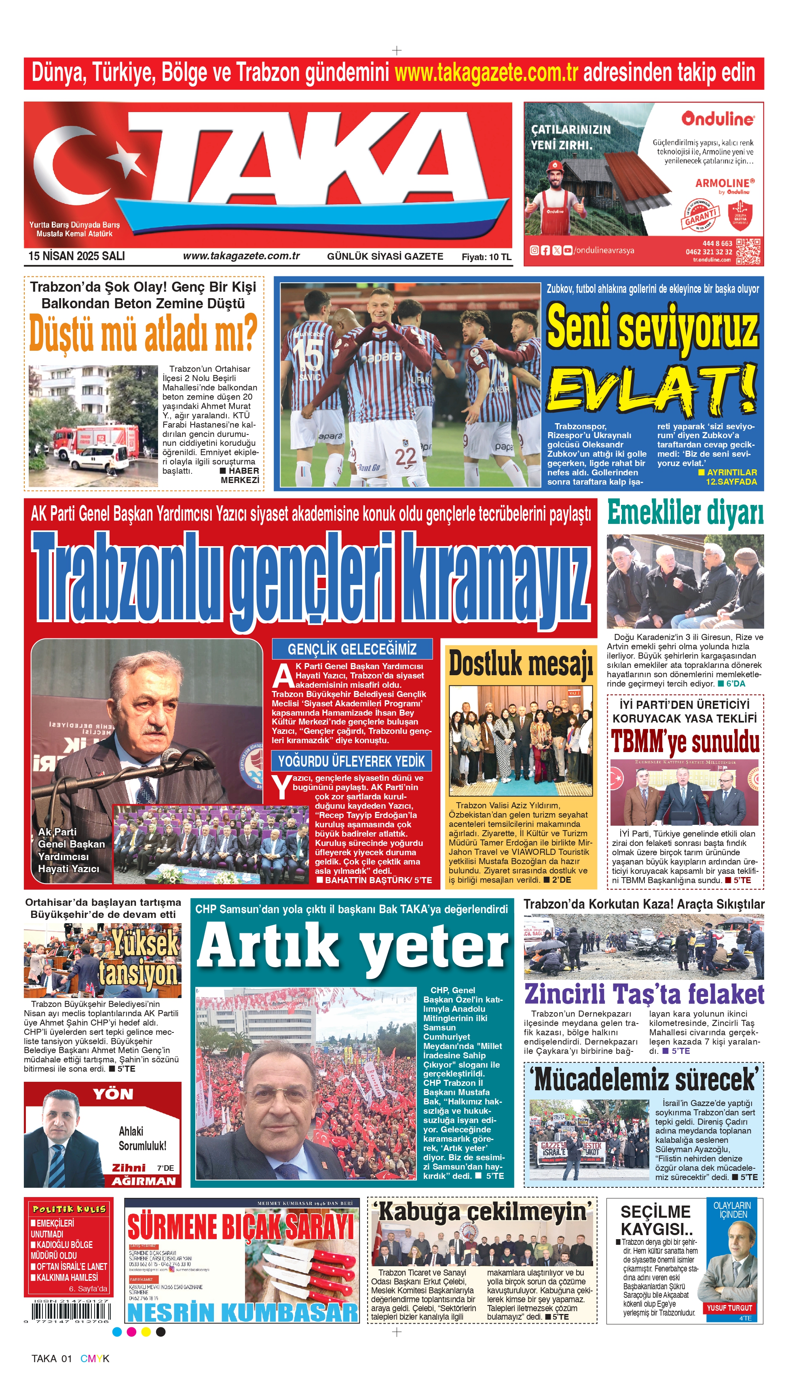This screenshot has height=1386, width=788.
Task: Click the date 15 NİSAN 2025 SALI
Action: (x=76, y=256)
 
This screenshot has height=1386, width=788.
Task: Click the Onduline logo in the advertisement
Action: (x=717, y=119)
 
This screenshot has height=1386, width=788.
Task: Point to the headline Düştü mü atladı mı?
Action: (x=143, y=333)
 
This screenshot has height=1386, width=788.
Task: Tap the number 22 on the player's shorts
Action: (x=406, y=456)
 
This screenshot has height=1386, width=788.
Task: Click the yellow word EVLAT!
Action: (x=652, y=388)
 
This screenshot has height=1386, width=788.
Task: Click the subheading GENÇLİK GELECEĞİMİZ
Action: (x=352, y=649)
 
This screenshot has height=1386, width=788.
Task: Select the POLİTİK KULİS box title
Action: (x=69, y=1209)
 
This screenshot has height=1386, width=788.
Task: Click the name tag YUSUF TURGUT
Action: (x=729, y=1308)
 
